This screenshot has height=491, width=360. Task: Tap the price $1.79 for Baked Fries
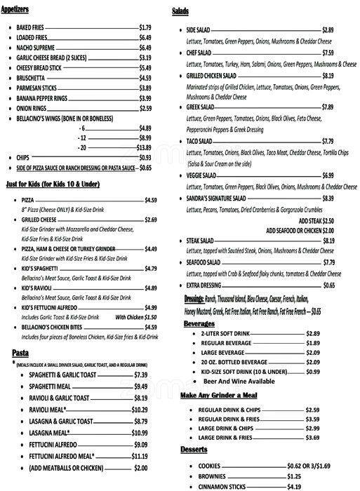click(x=145, y=27)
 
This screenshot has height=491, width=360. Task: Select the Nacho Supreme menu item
click(x=36, y=48)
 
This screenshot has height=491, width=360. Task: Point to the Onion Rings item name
click(x=32, y=109)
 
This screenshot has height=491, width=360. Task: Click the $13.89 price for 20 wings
click(x=144, y=148)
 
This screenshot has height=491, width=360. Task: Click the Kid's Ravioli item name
click(x=36, y=288)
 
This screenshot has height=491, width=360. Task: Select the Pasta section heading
click(x=20, y=352)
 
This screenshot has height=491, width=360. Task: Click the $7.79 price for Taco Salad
click(x=328, y=141)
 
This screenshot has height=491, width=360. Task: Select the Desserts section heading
click(x=196, y=448)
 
